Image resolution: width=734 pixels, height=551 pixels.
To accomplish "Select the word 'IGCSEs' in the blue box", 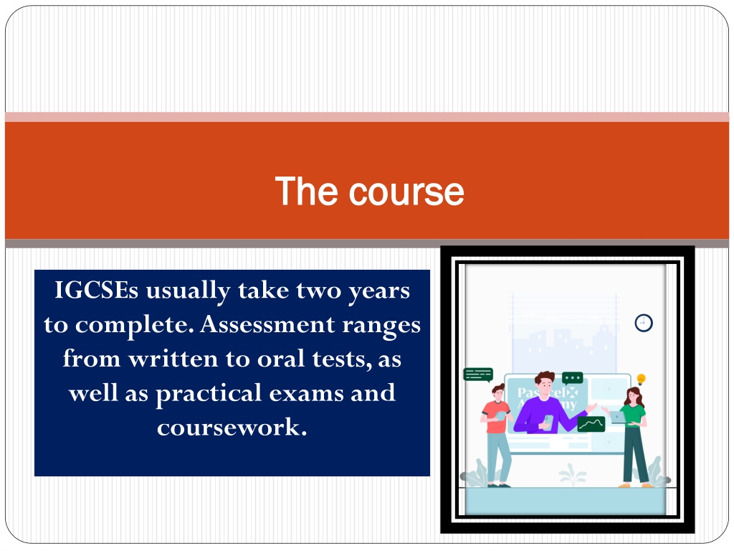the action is point(97,290).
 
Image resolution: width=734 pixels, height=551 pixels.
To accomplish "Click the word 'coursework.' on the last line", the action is point(232,427).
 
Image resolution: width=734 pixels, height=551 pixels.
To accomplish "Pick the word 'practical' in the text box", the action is point(209,394).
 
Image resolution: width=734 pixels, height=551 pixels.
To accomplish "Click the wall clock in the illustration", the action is point(644,323).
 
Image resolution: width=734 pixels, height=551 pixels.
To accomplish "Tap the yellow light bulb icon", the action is point(642,379).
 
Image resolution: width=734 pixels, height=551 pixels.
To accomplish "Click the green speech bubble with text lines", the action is point(478,375).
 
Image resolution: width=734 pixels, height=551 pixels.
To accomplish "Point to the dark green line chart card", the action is point(591,424).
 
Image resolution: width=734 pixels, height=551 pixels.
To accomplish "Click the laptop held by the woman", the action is point(617,417).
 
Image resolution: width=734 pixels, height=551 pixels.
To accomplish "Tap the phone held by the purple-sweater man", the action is point(548,421).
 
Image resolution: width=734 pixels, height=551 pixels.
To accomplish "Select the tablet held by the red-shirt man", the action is point(500,415).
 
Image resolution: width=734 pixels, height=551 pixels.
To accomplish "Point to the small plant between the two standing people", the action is point(573,475).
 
